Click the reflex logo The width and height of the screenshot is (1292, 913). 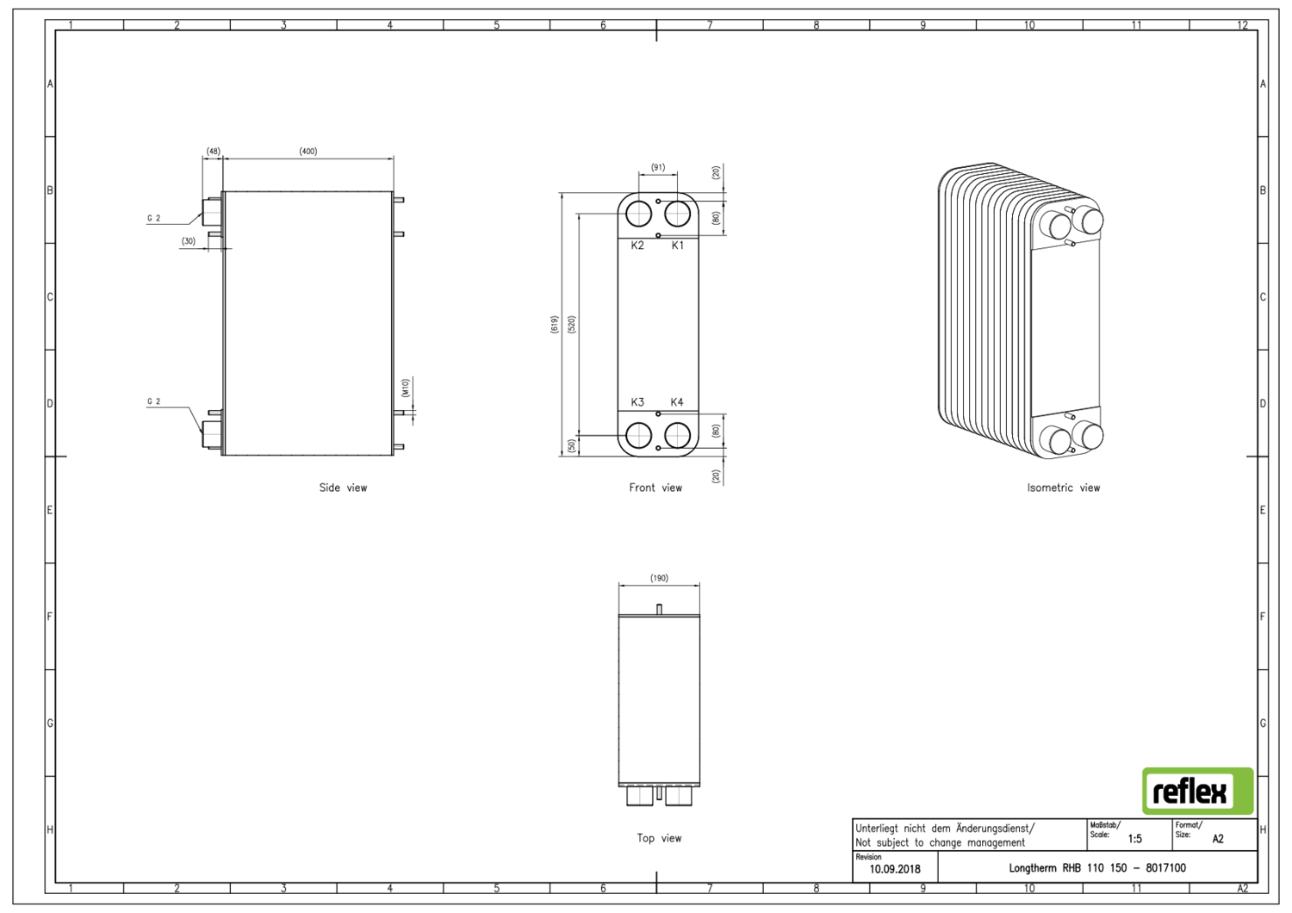pyautogui.click(x=1197, y=791)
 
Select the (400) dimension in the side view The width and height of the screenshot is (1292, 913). pyautogui.click(x=307, y=152)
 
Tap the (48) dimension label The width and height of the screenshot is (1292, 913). pyautogui.click(x=213, y=152)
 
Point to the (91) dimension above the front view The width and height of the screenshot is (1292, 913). pyautogui.click(x=658, y=168)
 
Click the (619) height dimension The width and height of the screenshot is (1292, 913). pyautogui.click(x=554, y=325)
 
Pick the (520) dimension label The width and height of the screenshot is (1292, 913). pyautogui.click(x=571, y=325)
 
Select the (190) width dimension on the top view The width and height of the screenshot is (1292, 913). pyautogui.click(x=659, y=579)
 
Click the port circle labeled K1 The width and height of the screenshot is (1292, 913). pyautogui.click(x=678, y=214)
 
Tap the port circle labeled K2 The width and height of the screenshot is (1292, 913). pyautogui.click(x=639, y=214)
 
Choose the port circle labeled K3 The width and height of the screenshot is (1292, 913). pyautogui.click(x=639, y=435)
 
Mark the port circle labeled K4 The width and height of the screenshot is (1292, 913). pyautogui.click(x=678, y=435)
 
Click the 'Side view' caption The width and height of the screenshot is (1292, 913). pyautogui.click(x=343, y=488)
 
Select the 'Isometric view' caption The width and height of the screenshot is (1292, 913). pyautogui.click(x=1063, y=488)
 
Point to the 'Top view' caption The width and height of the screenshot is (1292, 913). pyautogui.click(x=659, y=838)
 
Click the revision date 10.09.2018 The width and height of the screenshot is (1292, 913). pyautogui.click(x=894, y=869)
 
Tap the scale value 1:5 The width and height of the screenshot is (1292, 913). pyautogui.click(x=1134, y=839)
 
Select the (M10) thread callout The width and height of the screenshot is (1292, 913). pyautogui.click(x=406, y=388)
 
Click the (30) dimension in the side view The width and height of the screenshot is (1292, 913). pyautogui.click(x=189, y=242)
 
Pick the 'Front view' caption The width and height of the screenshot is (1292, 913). pyautogui.click(x=655, y=488)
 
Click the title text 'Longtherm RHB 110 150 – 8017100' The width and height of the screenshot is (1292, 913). pyautogui.click(x=1096, y=868)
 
